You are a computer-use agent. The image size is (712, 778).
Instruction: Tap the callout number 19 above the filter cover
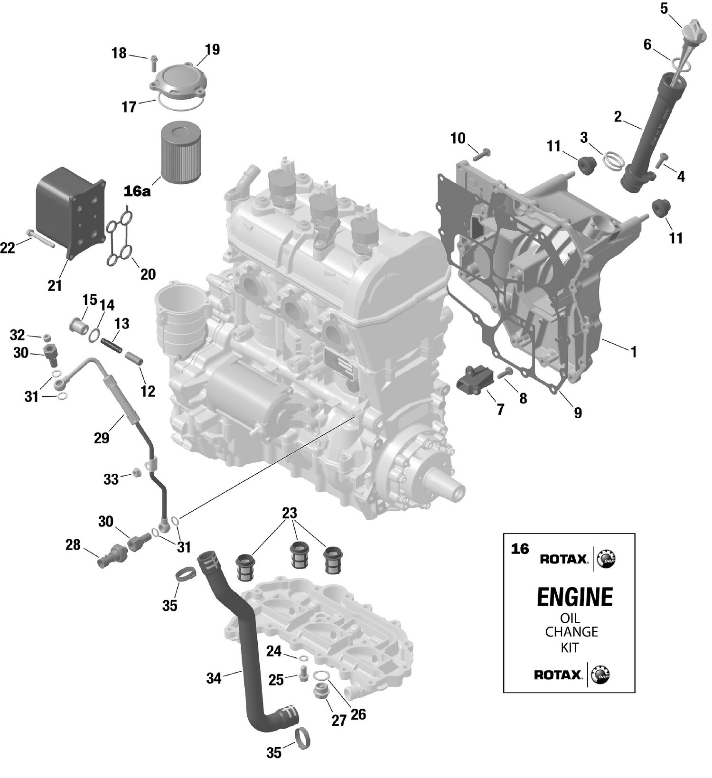212,49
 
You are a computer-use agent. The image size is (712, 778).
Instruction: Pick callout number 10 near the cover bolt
458,139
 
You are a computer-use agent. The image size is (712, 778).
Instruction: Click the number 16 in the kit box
520,549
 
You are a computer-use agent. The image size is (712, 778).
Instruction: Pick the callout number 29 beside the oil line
102,438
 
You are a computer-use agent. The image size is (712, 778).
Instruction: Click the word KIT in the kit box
570,648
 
